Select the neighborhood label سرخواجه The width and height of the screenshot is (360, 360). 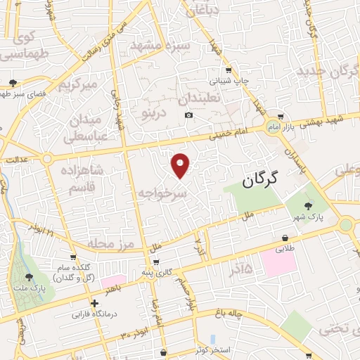pyautogui.click(x=163, y=192)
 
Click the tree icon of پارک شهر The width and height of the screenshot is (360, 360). pyautogui.click(x=308, y=205)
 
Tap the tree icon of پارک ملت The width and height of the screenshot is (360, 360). pyautogui.click(x=29, y=278)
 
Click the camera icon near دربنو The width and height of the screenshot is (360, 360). pyautogui.click(x=188, y=115)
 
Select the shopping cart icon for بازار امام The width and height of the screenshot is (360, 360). pyautogui.click(x=281, y=117)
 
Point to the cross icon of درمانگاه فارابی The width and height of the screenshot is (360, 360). pyautogui.click(x=95, y=303)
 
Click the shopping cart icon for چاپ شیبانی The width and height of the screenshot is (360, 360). pyautogui.click(x=229, y=70)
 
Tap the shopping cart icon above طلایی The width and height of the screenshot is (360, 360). pyautogui.click(x=285, y=239)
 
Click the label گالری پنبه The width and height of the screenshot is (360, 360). pyautogui.click(x=156, y=272)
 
